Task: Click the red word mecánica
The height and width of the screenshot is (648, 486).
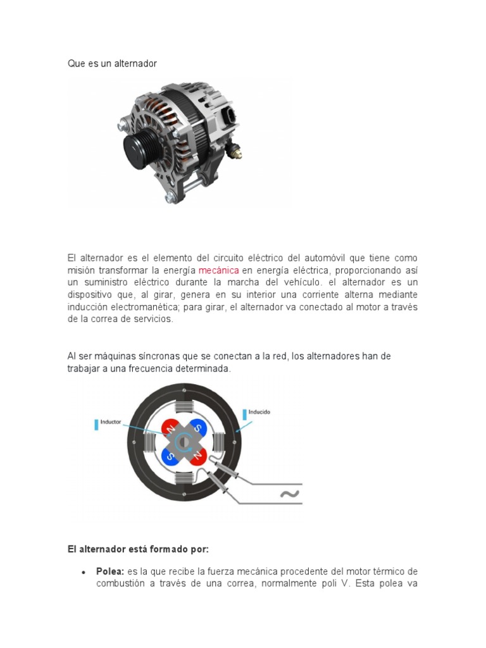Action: [x=218, y=270]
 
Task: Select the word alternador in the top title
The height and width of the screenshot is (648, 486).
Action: [x=135, y=64]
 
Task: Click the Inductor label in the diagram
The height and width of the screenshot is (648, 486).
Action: [x=111, y=421]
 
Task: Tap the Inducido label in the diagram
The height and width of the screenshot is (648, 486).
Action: [x=259, y=412]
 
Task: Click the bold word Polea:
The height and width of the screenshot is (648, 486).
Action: [x=110, y=571]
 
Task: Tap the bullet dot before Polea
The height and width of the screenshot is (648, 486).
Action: [x=84, y=572]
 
